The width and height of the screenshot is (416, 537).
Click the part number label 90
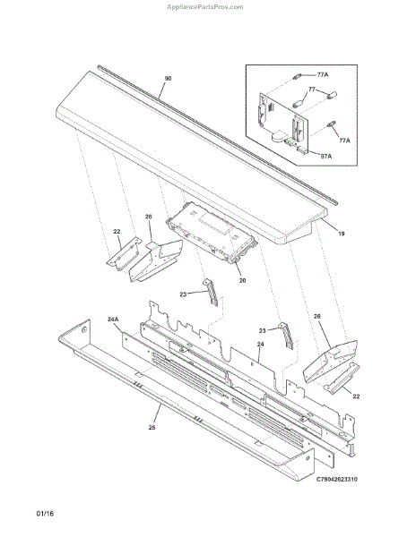(x=168, y=79)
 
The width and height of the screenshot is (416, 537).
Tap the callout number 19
(x=342, y=234)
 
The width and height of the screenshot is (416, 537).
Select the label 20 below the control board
(x=242, y=280)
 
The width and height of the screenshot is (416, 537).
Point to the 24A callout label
(x=113, y=320)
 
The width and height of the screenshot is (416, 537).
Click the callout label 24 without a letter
(x=260, y=344)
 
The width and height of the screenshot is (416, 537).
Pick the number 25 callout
(x=152, y=428)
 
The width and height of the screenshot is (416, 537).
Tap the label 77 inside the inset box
(x=312, y=89)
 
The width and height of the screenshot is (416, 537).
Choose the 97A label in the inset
(x=326, y=156)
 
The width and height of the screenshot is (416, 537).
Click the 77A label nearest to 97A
(x=344, y=141)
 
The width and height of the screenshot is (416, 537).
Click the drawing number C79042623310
(x=336, y=479)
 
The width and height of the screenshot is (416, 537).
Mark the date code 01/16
(x=45, y=514)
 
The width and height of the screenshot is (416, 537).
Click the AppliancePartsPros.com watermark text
(x=205, y=7)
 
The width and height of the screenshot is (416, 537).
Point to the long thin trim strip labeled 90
(x=218, y=134)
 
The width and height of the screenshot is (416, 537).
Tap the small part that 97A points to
(x=302, y=149)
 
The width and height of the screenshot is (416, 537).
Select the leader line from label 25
(x=157, y=413)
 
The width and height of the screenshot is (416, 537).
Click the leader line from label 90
(x=163, y=90)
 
